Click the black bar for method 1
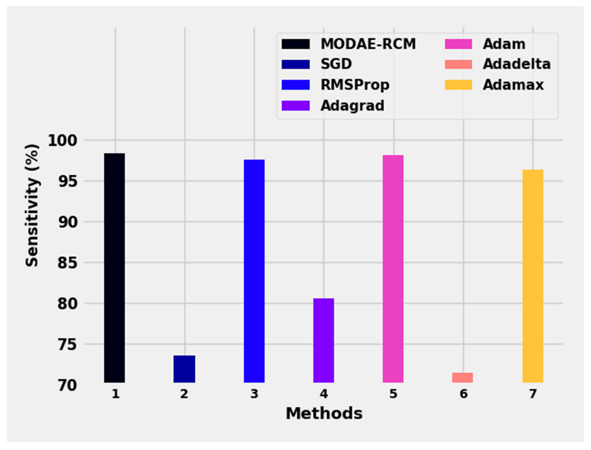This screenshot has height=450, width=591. [x=115, y=268]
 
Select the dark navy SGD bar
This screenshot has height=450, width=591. [x=184, y=369]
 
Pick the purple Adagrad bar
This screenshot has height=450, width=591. [x=324, y=340]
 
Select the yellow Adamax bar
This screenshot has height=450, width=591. [x=533, y=276]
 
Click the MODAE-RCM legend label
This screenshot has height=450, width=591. [x=368, y=44]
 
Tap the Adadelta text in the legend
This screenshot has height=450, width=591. [x=517, y=64]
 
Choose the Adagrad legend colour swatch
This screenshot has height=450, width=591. [x=295, y=105]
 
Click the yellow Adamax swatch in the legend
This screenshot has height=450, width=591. [x=458, y=85]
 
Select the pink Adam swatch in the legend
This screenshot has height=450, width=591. [x=458, y=44]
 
